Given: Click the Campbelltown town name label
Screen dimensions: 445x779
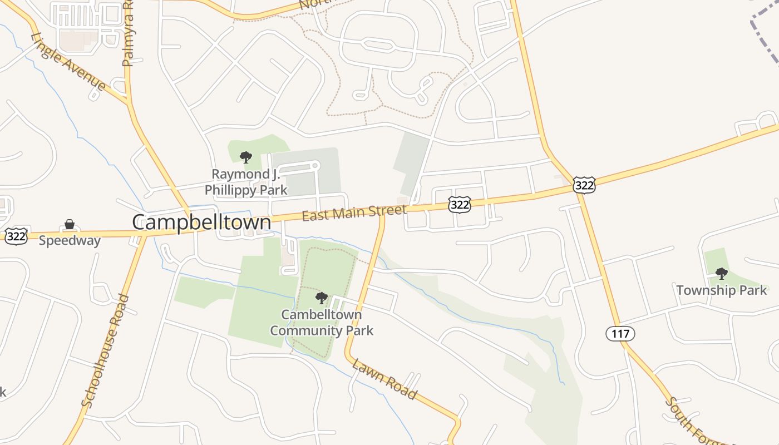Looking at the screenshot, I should pos(201,222).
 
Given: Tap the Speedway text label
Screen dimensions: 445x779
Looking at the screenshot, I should pos(70,241).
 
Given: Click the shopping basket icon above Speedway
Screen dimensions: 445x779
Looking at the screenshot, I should pos(70,225).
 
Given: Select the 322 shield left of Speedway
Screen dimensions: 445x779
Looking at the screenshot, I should pos(16,236).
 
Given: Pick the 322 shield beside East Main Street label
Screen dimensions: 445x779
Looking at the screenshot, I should pos(460,205).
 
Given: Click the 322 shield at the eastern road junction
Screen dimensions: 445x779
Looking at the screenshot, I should pos(584,185).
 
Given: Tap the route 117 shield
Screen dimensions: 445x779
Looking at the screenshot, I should pos(620,334).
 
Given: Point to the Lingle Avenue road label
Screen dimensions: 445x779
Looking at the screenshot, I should pos(68,62).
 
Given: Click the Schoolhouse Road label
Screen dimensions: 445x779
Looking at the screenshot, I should pos(105,351).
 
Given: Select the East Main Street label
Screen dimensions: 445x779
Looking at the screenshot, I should pos(354,213).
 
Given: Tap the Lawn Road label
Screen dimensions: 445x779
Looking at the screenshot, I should pos(384,380).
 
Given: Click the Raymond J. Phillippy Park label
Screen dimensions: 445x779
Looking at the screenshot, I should pos(246,182).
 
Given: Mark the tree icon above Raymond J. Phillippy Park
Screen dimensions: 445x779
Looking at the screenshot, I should pos(245,157).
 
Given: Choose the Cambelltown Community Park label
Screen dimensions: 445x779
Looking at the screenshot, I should pos(322,323).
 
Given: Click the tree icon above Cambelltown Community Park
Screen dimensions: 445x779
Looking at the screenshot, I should pos(321,298).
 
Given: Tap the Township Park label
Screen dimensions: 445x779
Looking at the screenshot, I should pos(721,290).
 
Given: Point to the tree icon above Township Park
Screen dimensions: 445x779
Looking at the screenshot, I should pos(721,273).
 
